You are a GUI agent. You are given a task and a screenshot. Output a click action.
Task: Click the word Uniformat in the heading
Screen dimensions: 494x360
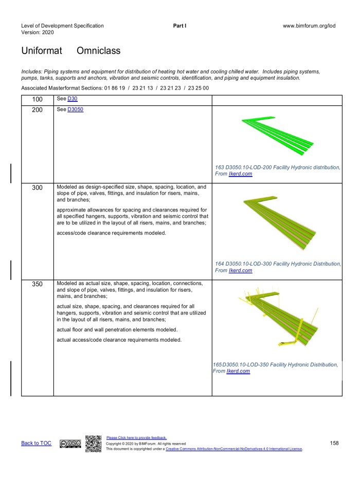42,51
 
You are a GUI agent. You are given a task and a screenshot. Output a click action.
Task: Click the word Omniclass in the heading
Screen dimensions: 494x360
98,51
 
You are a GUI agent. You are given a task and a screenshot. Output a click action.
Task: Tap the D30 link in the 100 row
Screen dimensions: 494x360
72,99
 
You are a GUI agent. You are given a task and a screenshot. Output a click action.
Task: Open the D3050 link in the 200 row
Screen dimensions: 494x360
75,110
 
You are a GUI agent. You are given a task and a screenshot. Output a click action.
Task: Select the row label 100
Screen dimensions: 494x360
37,100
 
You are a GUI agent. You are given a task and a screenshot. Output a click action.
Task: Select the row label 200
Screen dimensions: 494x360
37,110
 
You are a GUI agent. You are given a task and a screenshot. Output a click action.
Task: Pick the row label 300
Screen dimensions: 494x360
37,188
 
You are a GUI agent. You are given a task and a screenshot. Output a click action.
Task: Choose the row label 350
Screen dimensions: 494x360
37,285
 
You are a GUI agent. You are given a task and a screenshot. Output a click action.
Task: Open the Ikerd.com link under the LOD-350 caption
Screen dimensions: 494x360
238,371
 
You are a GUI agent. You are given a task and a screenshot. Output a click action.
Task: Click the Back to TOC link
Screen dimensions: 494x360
36,443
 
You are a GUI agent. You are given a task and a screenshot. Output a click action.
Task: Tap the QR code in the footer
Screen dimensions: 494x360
93,443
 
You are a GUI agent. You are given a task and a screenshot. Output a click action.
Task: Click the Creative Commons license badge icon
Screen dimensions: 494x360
70,444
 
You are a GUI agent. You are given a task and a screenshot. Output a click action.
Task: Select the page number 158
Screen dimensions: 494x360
334,443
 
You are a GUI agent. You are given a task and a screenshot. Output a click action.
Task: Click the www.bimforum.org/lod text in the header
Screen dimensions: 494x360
309,26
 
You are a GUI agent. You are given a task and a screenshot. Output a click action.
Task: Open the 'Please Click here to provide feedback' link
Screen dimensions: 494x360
136,438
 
